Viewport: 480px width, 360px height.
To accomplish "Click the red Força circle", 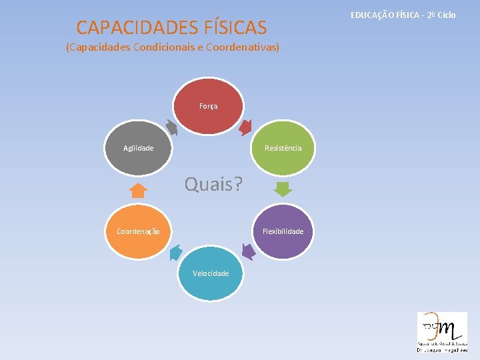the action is point(209,106).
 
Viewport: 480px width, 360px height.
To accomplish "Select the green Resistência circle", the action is point(283,147).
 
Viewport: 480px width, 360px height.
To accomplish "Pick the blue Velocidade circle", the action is point(210,273).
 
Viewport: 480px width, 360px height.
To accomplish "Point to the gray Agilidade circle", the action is point(138,147).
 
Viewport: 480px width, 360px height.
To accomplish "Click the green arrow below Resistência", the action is point(283,189).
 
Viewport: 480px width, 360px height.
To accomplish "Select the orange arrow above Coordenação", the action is point(138,191).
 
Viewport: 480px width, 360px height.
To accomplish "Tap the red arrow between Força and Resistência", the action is point(245,125).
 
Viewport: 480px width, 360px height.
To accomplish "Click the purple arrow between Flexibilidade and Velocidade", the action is point(248,251).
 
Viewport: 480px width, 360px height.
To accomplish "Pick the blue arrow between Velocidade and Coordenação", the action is point(175,252).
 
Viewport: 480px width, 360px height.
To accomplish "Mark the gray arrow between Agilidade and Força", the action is point(171,127).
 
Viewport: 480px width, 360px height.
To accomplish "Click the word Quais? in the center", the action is point(214,184).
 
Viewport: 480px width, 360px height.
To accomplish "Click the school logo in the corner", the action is point(442,331).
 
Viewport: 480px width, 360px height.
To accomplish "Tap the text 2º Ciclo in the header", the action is point(442,14).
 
